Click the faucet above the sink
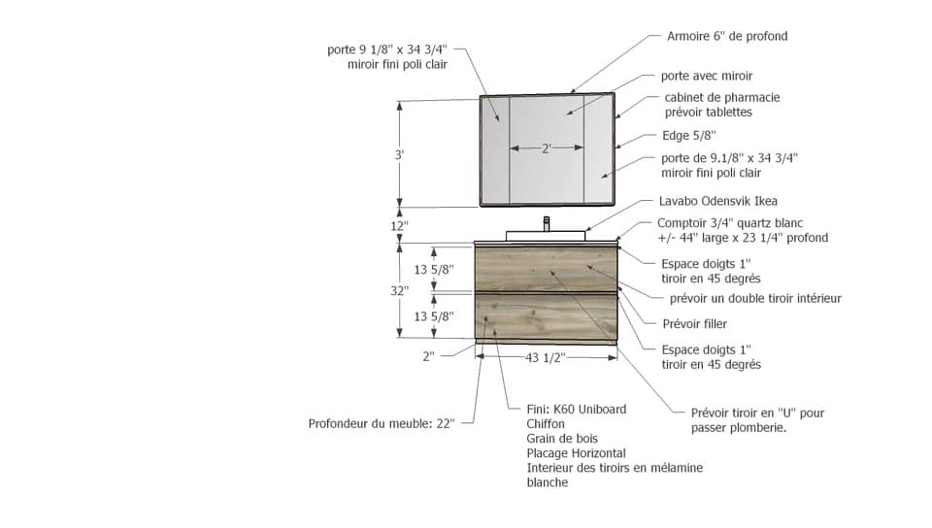(547, 224)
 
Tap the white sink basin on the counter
(546, 236)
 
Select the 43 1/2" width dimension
(545, 357)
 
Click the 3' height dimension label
(399, 154)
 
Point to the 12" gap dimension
(399, 226)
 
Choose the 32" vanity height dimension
(399, 290)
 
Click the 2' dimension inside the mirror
(547, 148)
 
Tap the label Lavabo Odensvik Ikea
(718, 201)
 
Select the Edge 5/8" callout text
(689, 136)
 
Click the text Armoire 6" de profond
(727, 36)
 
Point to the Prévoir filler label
(694, 323)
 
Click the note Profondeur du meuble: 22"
(382, 423)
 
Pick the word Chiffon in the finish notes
(546, 424)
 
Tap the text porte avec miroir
(707, 76)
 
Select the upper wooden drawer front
(547, 269)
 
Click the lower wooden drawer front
(547, 316)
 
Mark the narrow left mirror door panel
(495, 150)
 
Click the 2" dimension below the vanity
(428, 356)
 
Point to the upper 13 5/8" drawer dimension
(434, 269)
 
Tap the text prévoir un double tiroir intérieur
(755, 298)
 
